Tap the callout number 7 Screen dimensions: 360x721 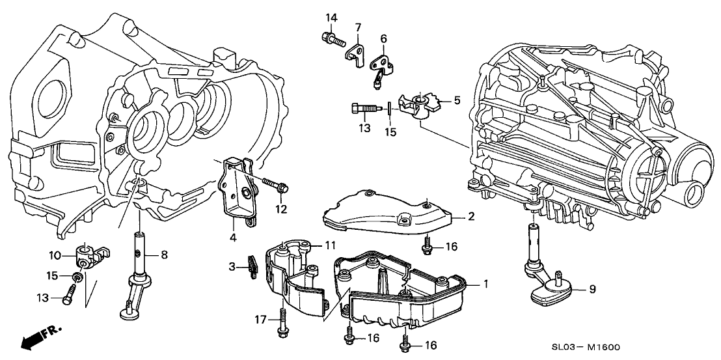point(357,27)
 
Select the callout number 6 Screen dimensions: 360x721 point(383,38)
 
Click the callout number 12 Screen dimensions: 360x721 point(280,209)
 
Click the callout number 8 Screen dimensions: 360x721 point(164,255)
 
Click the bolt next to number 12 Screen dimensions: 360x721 point(276,187)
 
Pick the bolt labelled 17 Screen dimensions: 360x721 point(281,324)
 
